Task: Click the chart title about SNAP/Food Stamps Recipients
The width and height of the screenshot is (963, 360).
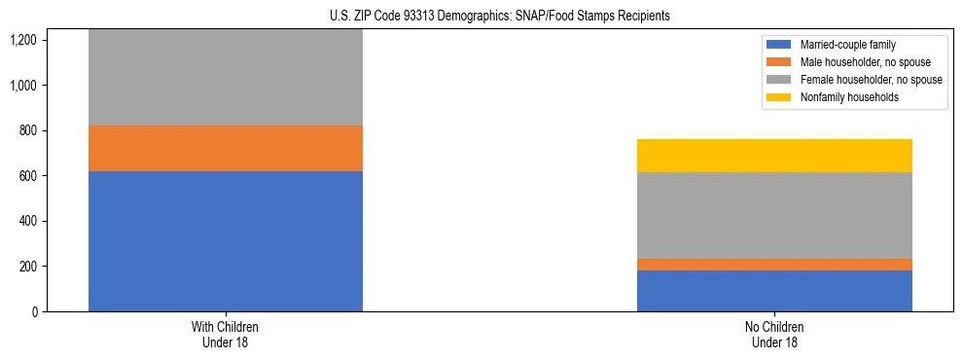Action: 481,17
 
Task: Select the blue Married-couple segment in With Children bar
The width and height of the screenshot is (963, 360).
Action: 226,241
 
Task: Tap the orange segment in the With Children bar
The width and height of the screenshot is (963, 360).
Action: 226,148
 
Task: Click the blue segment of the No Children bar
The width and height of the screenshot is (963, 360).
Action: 774,291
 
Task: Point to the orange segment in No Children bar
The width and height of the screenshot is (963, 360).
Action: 774,265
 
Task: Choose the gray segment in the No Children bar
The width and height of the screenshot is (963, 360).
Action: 774,215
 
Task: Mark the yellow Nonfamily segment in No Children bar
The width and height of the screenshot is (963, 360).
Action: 774,156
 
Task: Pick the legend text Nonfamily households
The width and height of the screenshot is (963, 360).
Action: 842,97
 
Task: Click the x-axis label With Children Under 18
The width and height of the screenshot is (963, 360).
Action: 226,335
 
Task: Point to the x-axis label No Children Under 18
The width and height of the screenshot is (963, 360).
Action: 774,335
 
